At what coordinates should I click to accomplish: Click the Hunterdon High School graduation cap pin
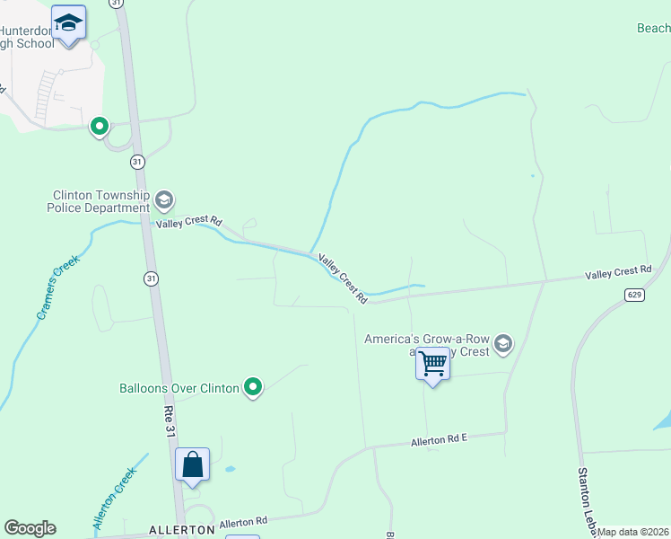[x=68, y=23]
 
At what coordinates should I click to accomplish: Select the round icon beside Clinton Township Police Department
[x=163, y=199]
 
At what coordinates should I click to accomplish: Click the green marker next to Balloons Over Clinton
[x=253, y=387]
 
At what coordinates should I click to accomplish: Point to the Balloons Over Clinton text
[x=179, y=388]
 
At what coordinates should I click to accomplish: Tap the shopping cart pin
[x=432, y=365]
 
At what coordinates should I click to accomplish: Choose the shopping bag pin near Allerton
[x=192, y=464]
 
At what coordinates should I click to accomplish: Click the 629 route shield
[x=634, y=294]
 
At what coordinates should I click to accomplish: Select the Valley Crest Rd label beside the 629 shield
[x=618, y=270]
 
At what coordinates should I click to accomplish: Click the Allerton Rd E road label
[x=440, y=439]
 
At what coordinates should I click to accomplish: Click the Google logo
[x=30, y=528]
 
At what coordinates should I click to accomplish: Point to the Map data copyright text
[x=633, y=532]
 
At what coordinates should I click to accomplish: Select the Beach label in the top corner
[x=653, y=29]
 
